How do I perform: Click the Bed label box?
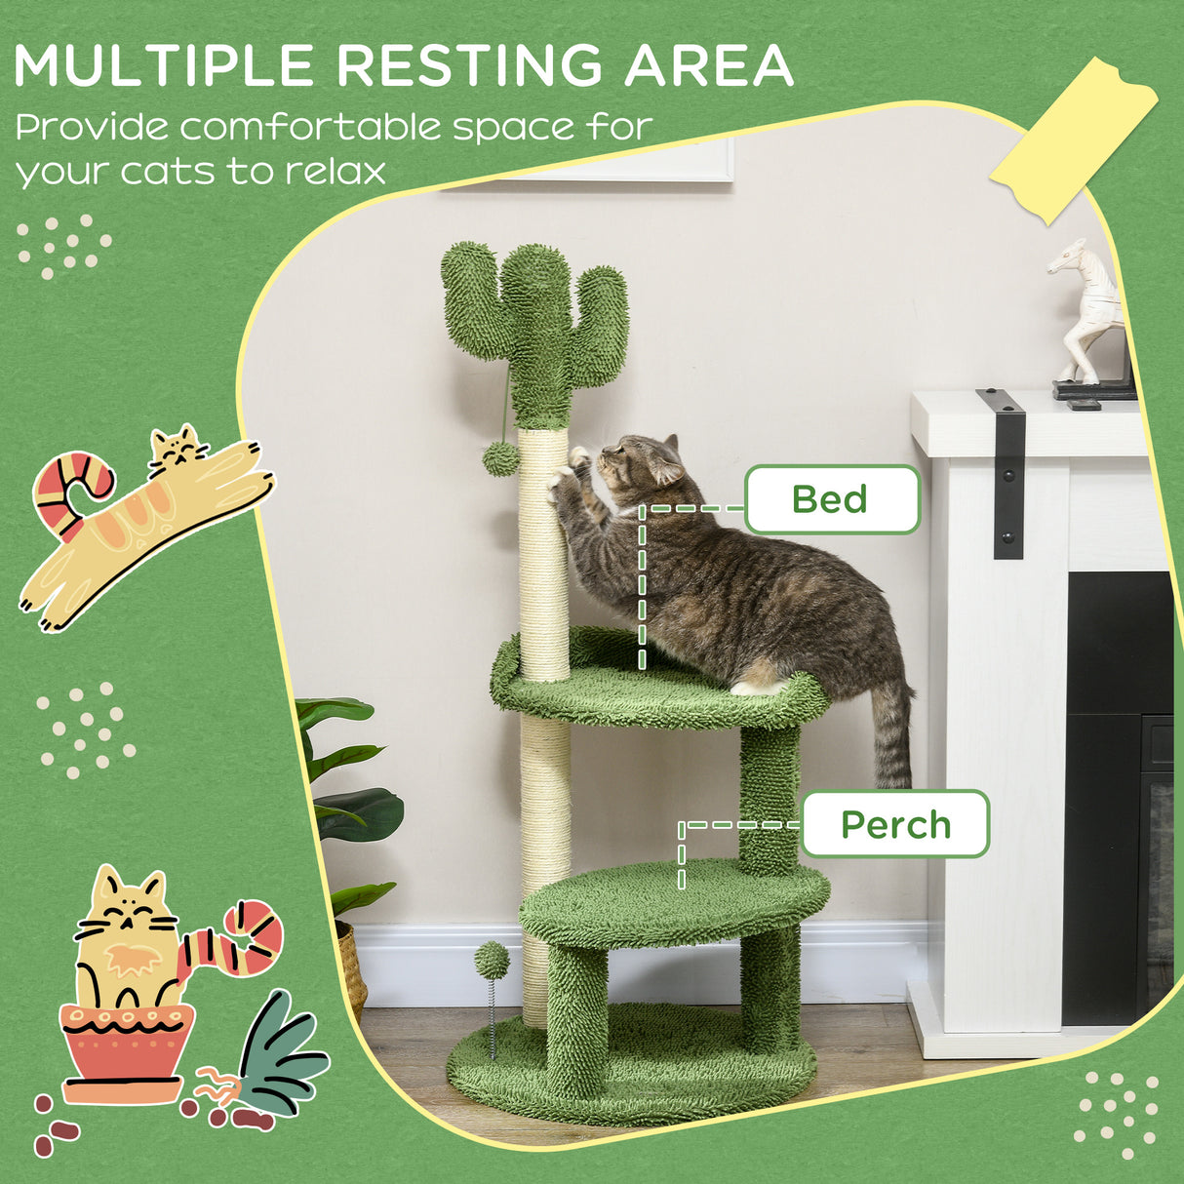coord(831,499)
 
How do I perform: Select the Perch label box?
coord(894,824)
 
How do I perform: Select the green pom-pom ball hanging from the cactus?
coord(501,457)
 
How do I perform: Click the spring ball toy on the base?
coord(492,962)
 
